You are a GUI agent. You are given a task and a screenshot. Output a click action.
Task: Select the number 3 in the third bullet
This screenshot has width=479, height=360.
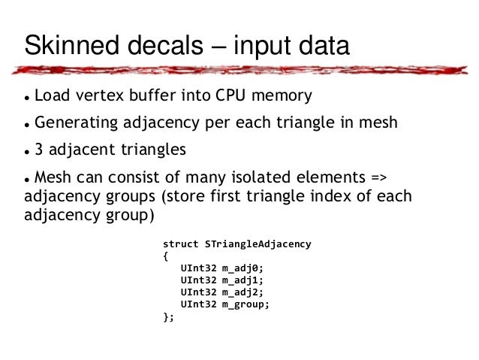click(39, 149)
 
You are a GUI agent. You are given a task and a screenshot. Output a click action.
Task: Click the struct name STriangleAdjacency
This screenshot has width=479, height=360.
click(256, 244)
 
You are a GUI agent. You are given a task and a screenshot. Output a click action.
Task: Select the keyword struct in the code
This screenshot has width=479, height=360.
click(181, 244)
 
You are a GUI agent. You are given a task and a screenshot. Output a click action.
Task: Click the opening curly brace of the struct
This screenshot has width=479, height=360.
click(166, 256)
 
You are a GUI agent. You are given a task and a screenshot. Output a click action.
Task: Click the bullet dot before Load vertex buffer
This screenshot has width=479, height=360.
click(26, 98)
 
